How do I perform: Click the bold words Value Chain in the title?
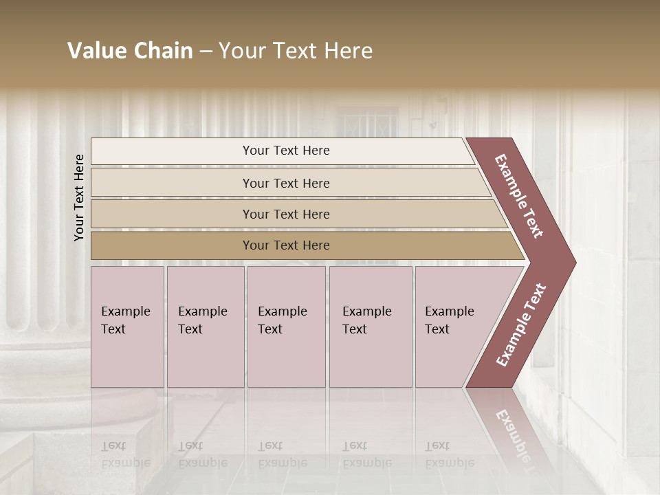tap(130, 51)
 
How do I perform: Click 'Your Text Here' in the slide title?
tap(296, 51)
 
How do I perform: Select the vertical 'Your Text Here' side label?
tap(79, 197)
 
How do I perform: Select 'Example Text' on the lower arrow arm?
tap(521, 324)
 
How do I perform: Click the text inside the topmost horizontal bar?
tap(286, 151)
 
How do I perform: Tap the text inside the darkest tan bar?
tap(286, 245)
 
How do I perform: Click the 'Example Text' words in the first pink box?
tap(125, 320)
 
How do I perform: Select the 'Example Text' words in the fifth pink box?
tap(449, 320)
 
